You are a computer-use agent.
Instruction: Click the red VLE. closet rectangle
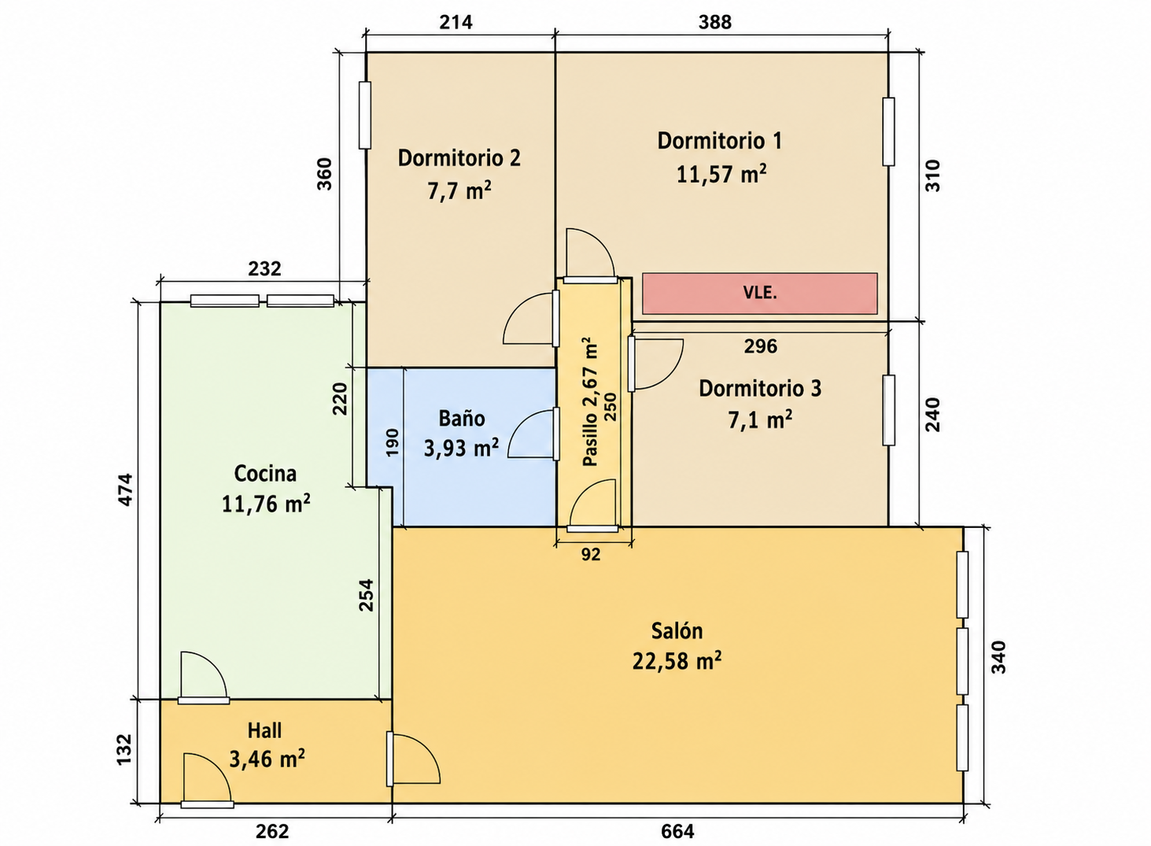pos(759,293)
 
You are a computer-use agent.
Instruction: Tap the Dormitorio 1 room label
pos(720,141)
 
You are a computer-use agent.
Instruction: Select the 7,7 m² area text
pos(459,190)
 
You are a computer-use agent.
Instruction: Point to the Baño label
pos(462,418)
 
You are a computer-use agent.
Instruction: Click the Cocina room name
pos(265,474)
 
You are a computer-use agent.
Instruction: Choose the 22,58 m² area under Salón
pos(677,660)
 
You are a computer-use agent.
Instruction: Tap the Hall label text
pos(264,730)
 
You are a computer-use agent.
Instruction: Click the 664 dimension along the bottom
pos(677,831)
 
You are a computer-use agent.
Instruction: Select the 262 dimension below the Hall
pos(272,831)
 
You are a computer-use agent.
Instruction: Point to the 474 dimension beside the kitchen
pos(126,489)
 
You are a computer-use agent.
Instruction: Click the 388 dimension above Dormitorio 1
pos(714,22)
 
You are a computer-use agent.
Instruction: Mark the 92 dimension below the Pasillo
pos(591,554)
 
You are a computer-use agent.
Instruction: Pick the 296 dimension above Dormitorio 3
pos(761,346)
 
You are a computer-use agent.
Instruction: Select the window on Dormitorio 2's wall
pos(364,115)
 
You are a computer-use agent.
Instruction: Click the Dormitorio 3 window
pos(888,410)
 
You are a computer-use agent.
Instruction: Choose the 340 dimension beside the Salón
pos(998,657)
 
